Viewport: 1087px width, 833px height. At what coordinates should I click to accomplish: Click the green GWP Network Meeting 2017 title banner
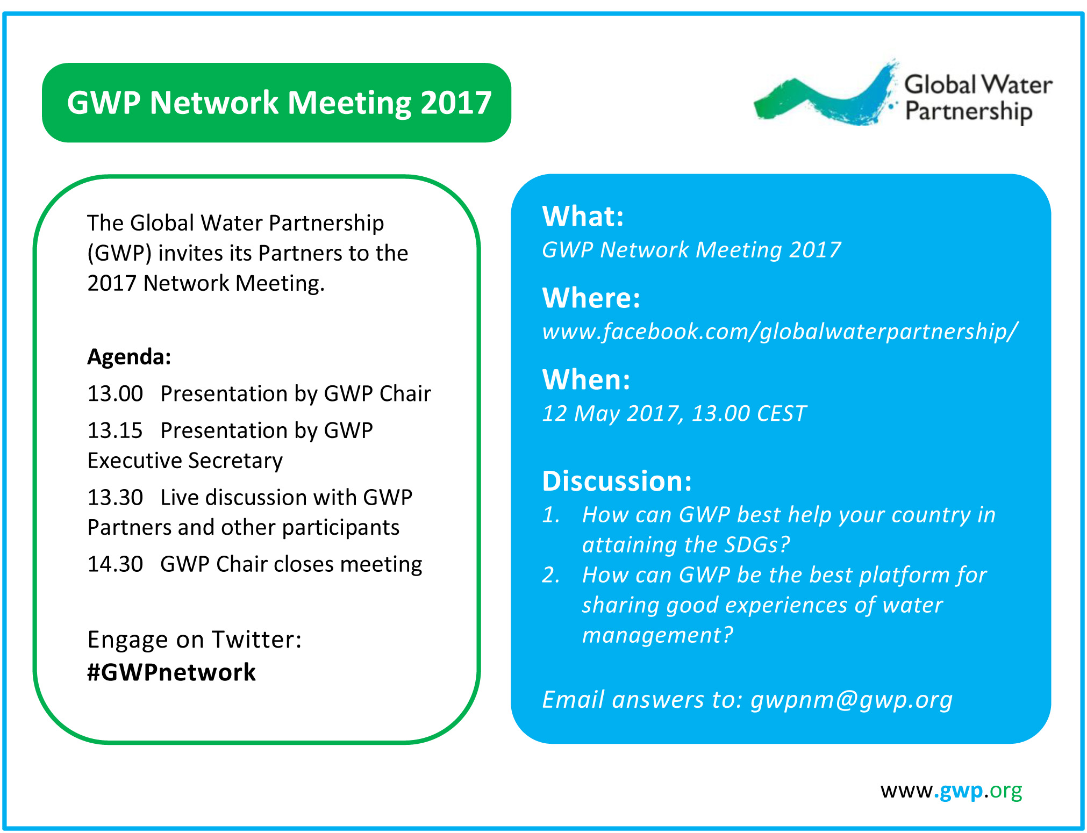[x=276, y=103]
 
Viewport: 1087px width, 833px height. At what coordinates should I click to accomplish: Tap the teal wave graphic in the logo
[x=825, y=97]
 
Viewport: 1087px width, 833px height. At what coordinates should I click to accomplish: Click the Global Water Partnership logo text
[x=978, y=98]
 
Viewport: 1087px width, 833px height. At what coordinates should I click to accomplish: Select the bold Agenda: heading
[x=129, y=357]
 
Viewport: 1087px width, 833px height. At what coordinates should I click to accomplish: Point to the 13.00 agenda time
[x=115, y=394]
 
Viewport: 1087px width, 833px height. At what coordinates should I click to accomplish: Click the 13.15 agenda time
[x=115, y=430]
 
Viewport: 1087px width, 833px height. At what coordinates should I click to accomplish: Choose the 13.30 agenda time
[x=115, y=498]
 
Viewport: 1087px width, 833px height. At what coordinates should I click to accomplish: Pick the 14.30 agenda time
[x=115, y=564]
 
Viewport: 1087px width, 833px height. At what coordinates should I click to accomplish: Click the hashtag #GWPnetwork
[x=171, y=672]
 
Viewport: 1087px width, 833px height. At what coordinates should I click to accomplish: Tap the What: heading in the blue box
[x=583, y=216]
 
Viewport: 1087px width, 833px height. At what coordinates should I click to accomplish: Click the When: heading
[x=587, y=379]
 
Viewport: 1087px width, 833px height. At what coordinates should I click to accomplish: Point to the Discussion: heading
[x=617, y=481]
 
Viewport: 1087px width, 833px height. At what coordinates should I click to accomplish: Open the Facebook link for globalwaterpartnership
[x=780, y=332]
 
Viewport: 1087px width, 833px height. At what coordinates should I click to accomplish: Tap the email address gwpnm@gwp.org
[x=852, y=700]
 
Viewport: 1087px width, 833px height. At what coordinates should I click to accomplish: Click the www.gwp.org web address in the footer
[x=951, y=791]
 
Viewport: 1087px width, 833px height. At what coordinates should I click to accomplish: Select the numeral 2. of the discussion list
[x=551, y=575]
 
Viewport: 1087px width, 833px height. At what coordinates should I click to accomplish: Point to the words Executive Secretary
[x=185, y=461]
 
